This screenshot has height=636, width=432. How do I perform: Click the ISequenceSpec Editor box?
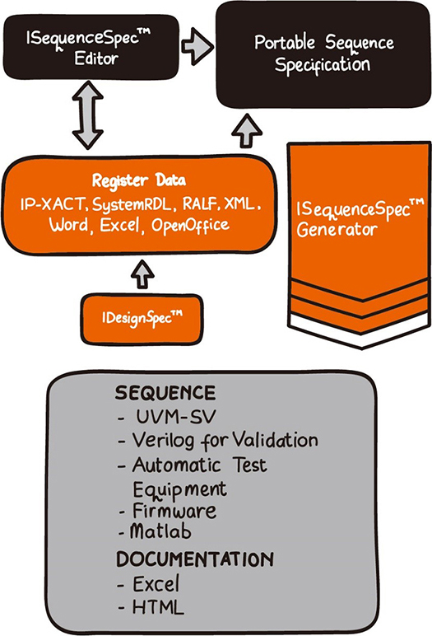[91, 47]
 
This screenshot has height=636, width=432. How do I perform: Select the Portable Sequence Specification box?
[323, 54]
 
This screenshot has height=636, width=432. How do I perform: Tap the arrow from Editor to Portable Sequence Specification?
[197, 46]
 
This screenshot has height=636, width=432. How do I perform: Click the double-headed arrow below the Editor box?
[88, 115]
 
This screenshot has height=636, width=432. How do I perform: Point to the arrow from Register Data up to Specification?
[247, 131]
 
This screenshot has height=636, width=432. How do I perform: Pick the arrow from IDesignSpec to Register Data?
[142, 274]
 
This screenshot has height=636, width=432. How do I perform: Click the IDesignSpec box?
[142, 319]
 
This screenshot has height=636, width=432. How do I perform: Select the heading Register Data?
[139, 180]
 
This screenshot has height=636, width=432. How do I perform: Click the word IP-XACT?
[53, 204]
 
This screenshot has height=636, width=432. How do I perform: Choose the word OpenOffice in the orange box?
[190, 225]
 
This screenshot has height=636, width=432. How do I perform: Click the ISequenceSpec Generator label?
[360, 218]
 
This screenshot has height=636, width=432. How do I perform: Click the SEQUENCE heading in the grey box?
[165, 393]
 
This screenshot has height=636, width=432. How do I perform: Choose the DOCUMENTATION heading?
[195, 559]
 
